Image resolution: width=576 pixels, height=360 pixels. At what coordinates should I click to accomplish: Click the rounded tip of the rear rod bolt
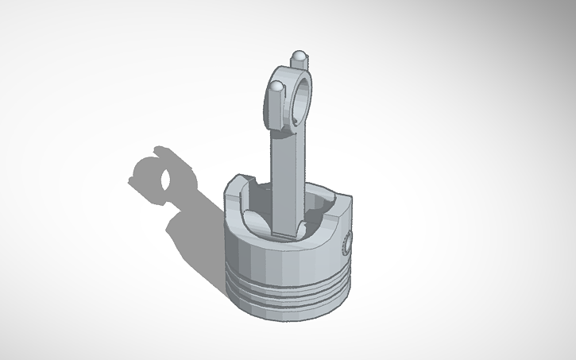[x=300, y=56]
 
